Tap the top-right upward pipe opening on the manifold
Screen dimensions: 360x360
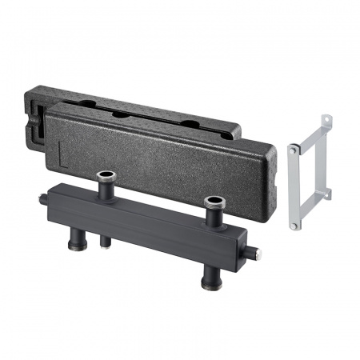coord(213,200)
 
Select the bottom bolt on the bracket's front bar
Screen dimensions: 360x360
coord(294,226)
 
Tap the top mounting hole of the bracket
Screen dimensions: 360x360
coord(326,121)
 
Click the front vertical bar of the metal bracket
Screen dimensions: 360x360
coord(294,188)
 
